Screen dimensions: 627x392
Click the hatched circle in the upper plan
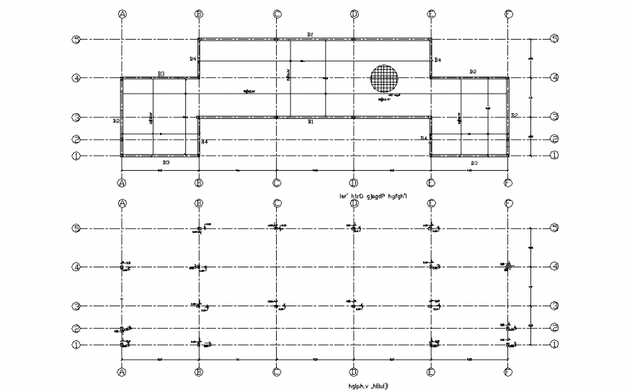click(385, 78)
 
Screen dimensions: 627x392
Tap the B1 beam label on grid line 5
click(309, 34)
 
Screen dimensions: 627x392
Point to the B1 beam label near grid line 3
click(311, 122)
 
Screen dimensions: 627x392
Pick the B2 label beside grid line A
click(116, 121)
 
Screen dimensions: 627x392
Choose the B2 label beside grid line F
click(515, 115)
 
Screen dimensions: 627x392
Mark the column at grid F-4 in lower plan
click(507, 267)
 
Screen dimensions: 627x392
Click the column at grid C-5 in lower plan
click(277, 228)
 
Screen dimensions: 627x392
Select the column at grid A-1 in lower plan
click(123, 344)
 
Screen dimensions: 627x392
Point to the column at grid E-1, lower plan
click(431, 344)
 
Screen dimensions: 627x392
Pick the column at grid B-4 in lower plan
click(200, 267)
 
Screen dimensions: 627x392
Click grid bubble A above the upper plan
click(123, 14)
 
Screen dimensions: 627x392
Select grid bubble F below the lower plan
click(507, 373)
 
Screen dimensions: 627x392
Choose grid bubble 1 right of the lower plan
click(554, 344)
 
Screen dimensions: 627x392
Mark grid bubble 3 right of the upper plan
click(554, 117)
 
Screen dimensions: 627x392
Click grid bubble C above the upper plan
click(277, 14)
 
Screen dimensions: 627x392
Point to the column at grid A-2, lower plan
click(123, 329)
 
